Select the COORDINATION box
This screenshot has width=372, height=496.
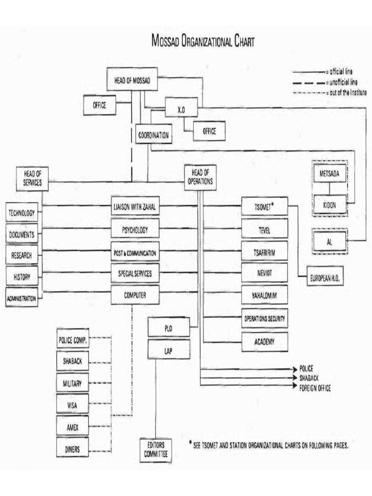152,135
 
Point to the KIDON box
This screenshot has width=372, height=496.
329,205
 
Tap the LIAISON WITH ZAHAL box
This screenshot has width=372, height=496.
135,207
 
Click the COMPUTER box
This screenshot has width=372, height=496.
135,294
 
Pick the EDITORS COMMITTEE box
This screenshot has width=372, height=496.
155,449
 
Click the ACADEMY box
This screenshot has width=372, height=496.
264,341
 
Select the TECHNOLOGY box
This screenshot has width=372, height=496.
22,213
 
